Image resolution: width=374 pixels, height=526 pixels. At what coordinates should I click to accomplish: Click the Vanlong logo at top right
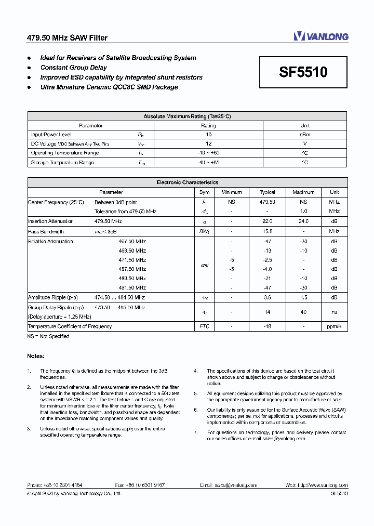pyautogui.click(x=320, y=36)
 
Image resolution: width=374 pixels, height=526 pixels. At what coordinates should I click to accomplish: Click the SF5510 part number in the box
pyautogui.click(x=303, y=72)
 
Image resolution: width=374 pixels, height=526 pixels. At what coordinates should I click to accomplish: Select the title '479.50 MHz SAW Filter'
pyautogui.click(x=67, y=38)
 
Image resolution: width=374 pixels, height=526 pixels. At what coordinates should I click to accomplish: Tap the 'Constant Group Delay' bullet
pyautogui.click(x=73, y=68)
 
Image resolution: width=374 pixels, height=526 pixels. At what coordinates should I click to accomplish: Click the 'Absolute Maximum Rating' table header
pyautogui.click(x=187, y=116)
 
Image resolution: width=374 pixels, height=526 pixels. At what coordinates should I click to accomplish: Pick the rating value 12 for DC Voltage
pyautogui.click(x=208, y=143)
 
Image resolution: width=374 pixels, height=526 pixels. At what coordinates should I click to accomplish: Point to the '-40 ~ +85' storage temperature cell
pyautogui.click(x=208, y=162)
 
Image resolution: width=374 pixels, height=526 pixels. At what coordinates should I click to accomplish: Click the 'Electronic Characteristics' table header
pyautogui.click(x=187, y=182)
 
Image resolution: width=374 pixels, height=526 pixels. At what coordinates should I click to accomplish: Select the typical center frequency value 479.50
pyautogui.click(x=267, y=202)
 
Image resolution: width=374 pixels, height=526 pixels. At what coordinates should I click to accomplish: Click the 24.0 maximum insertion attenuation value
pyautogui.click(x=303, y=221)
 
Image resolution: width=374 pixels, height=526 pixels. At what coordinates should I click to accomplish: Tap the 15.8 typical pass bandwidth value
pyautogui.click(x=267, y=231)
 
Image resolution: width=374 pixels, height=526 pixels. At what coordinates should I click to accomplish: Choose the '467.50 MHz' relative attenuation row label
pyautogui.click(x=132, y=241)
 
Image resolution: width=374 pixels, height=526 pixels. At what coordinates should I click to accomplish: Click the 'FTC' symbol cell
pyautogui.click(x=204, y=326)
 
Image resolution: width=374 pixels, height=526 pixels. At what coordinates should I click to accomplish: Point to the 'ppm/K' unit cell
pyautogui.click(x=334, y=326)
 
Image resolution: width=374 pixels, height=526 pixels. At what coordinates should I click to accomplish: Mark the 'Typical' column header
pyautogui.click(x=267, y=192)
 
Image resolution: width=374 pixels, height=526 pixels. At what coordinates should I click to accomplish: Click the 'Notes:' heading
pyautogui.click(x=36, y=356)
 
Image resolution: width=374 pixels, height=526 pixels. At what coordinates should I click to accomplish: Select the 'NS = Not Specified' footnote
pyautogui.click(x=48, y=336)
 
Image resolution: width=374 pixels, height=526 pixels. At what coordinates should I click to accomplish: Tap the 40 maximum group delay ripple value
pyautogui.click(x=303, y=312)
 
